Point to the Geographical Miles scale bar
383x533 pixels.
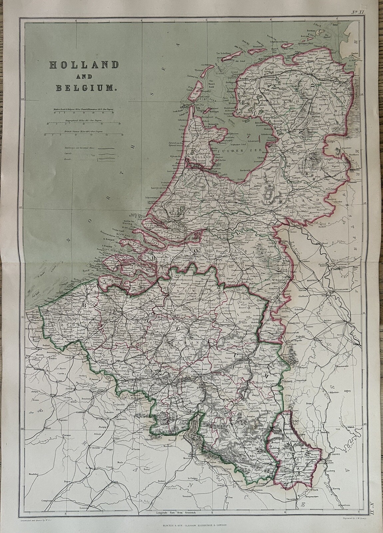[85, 124]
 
